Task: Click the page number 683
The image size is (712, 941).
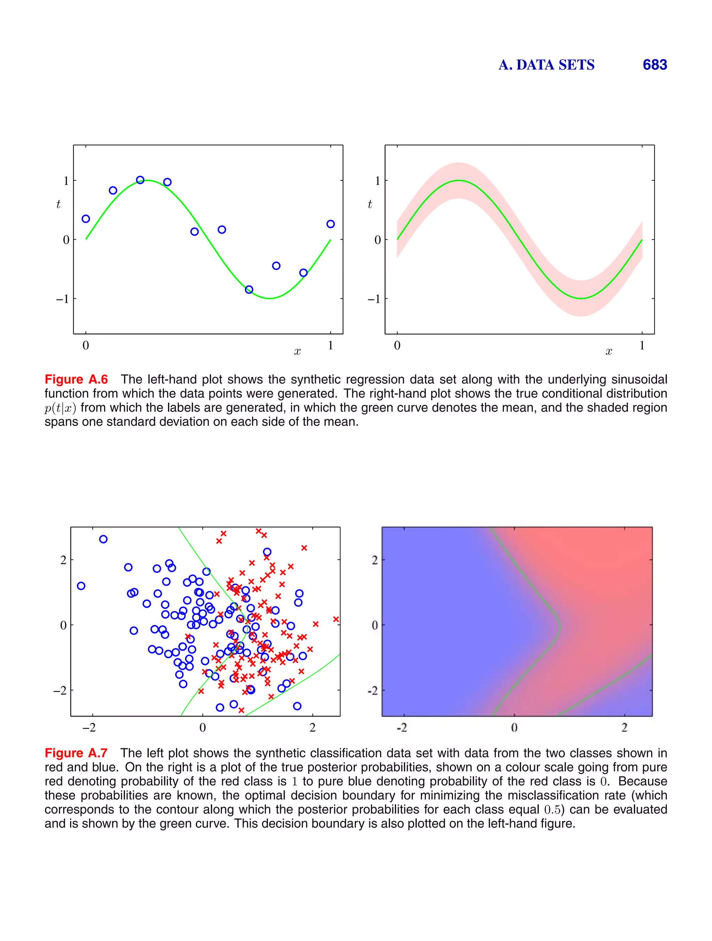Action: [655, 65]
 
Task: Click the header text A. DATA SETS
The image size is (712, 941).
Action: [547, 65]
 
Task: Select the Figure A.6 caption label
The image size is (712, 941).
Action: [76, 379]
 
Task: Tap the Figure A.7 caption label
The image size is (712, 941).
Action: [76, 753]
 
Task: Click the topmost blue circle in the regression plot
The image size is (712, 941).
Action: [140, 180]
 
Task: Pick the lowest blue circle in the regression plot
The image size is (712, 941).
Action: [249, 290]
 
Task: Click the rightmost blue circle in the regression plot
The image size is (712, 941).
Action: [331, 224]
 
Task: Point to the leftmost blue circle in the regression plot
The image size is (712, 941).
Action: [86, 219]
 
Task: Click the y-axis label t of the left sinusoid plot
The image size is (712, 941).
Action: [58, 204]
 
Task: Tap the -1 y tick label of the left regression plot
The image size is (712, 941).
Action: [62, 299]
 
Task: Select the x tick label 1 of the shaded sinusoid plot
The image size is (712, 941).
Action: [642, 345]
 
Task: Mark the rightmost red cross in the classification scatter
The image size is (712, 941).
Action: [336, 619]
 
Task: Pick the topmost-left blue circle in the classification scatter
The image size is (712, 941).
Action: [103, 539]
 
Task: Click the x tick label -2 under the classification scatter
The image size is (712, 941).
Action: [89, 728]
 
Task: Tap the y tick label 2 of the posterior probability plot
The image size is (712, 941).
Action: [375, 560]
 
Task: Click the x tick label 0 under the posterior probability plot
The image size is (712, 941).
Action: [514, 728]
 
